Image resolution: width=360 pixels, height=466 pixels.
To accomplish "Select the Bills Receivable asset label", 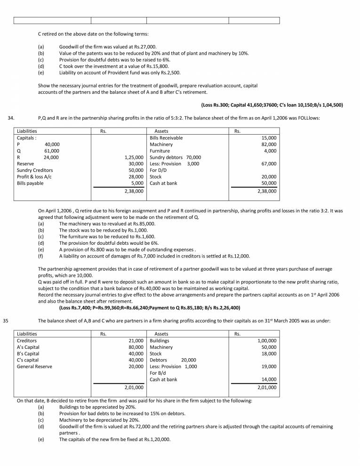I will coord(166,138).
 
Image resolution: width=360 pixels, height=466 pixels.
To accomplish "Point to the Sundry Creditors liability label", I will coord(35,170).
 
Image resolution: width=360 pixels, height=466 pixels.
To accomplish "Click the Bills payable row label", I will coord(30,184).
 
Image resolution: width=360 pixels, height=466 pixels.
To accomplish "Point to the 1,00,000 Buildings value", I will coord(267,340).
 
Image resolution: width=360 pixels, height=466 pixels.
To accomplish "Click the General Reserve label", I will coord(34,367).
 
